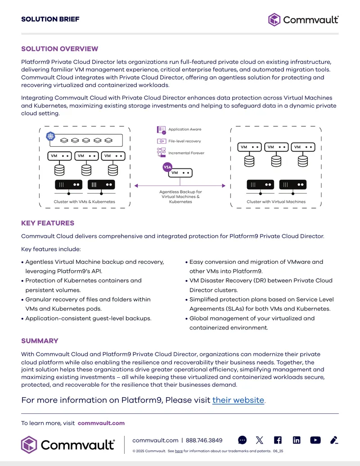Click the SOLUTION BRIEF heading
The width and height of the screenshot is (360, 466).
[x=50, y=19]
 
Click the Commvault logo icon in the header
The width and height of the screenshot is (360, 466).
[x=274, y=20]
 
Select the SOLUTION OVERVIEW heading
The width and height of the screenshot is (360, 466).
[x=59, y=49]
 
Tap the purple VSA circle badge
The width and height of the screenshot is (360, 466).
[x=167, y=167]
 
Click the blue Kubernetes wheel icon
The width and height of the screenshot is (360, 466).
[x=51, y=136]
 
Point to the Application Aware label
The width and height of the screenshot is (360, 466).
[x=185, y=129]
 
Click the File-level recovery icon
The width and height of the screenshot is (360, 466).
[x=161, y=141]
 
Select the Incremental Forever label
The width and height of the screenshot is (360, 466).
[x=186, y=153]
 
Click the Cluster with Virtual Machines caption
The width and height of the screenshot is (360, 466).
[x=276, y=202]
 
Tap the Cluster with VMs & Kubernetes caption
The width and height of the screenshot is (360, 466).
[x=84, y=202]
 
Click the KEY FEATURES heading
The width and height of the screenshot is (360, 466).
[x=48, y=223]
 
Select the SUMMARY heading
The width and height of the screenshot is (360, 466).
[x=40, y=341]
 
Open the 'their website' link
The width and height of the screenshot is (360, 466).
[x=238, y=400]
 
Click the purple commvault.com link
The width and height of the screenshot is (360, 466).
[x=101, y=423]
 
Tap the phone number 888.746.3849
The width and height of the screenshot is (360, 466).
[x=204, y=440]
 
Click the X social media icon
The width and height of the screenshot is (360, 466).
[x=259, y=440]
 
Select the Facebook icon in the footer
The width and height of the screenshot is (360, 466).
[x=278, y=440]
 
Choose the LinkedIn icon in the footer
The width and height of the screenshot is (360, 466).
[x=297, y=440]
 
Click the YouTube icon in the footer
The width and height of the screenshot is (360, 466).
[x=315, y=440]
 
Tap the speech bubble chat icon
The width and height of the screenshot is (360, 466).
[x=243, y=440]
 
